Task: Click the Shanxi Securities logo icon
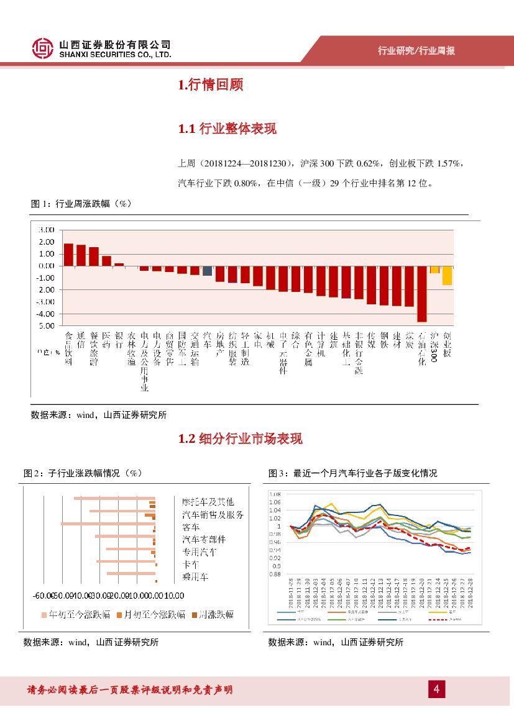[x=43, y=48]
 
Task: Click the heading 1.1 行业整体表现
[x=227, y=129]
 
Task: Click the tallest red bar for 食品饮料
[x=68, y=255]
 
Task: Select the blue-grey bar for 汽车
[x=208, y=271]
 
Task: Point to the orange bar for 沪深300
[x=434, y=270]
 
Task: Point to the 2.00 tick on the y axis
[x=47, y=242]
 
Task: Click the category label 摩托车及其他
[x=208, y=501]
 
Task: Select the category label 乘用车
[x=195, y=577]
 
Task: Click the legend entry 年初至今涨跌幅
[x=76, y=615]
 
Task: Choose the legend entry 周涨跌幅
[x=213, y=615]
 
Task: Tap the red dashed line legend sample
[x=437, y=619]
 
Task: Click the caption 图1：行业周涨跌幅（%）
[x=81, y=203]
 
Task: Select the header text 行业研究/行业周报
[x=416, y=50]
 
